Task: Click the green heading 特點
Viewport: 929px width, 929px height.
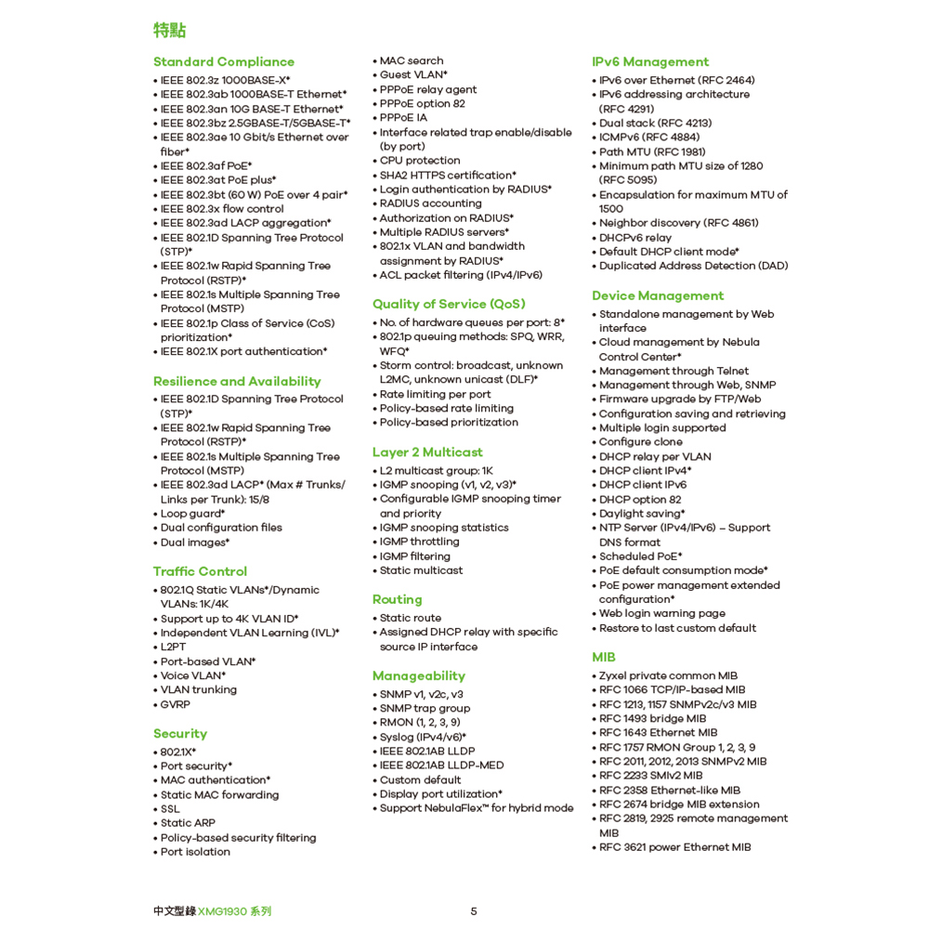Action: pos(169,31)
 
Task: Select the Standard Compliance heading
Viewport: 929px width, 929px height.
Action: pos(223,62)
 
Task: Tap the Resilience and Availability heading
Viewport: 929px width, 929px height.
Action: pos(237,382)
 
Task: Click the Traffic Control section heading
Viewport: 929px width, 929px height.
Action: pos(200,571)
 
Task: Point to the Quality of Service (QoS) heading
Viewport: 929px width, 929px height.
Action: pos(449,304)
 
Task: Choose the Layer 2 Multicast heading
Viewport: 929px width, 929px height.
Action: pos(427,452)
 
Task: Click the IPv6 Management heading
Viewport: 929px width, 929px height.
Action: pos(650,62)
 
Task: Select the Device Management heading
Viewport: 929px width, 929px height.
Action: pos(658,296)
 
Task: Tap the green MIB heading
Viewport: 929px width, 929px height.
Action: pos(604,658)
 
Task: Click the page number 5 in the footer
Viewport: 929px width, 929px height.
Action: pos(474,911)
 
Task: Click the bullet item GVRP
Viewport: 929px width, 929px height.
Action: pos(176,704)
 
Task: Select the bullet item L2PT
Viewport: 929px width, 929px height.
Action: pos(174,648)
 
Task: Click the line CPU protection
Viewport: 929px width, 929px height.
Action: pos(420,161)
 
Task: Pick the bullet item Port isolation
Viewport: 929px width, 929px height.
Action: pos(195,852)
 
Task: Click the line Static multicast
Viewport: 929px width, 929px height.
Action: pos(421,570)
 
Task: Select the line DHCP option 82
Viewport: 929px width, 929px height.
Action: pos(640,500)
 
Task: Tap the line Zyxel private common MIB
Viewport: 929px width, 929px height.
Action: pos(668,676)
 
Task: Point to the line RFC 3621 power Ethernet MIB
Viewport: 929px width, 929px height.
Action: pos(674,847)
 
